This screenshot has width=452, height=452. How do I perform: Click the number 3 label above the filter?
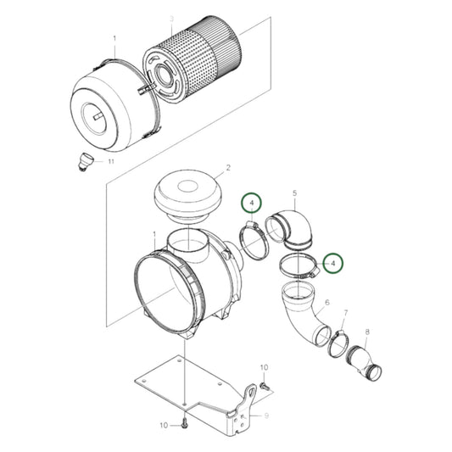pyautogui.click(x=172, y=18)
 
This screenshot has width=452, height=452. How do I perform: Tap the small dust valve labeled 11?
pyautogui.click(x=83, y=159)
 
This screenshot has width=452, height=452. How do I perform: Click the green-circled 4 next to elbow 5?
pyautogui.click(x=250, y=203)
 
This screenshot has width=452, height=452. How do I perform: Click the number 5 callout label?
pyautogui.click(x=294, y=193)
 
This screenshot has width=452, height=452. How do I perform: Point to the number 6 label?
pyautogui.click(x=326, y=302)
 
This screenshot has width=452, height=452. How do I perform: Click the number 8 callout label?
pyautogui.click(x=366, y=332)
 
